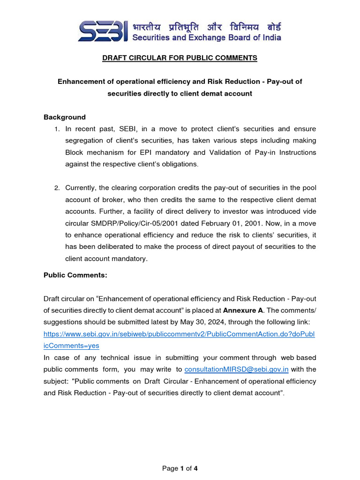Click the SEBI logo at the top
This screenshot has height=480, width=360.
tap(102, 31)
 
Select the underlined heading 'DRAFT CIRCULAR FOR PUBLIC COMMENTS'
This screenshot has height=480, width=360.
tap(180, 58)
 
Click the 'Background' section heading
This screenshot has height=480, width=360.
tap(65, 117)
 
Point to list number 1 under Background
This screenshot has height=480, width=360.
tap(57, 129)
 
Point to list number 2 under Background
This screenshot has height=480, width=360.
tap(57, 188)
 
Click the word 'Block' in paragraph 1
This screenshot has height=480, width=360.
tap(75, 152)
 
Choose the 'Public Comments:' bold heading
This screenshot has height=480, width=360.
tap(75, 276)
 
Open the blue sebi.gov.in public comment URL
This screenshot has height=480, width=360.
tap(180, 334)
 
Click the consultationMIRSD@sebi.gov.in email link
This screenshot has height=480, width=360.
tap(237, 369)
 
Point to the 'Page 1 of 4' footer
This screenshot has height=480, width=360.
tap(180, 468)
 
